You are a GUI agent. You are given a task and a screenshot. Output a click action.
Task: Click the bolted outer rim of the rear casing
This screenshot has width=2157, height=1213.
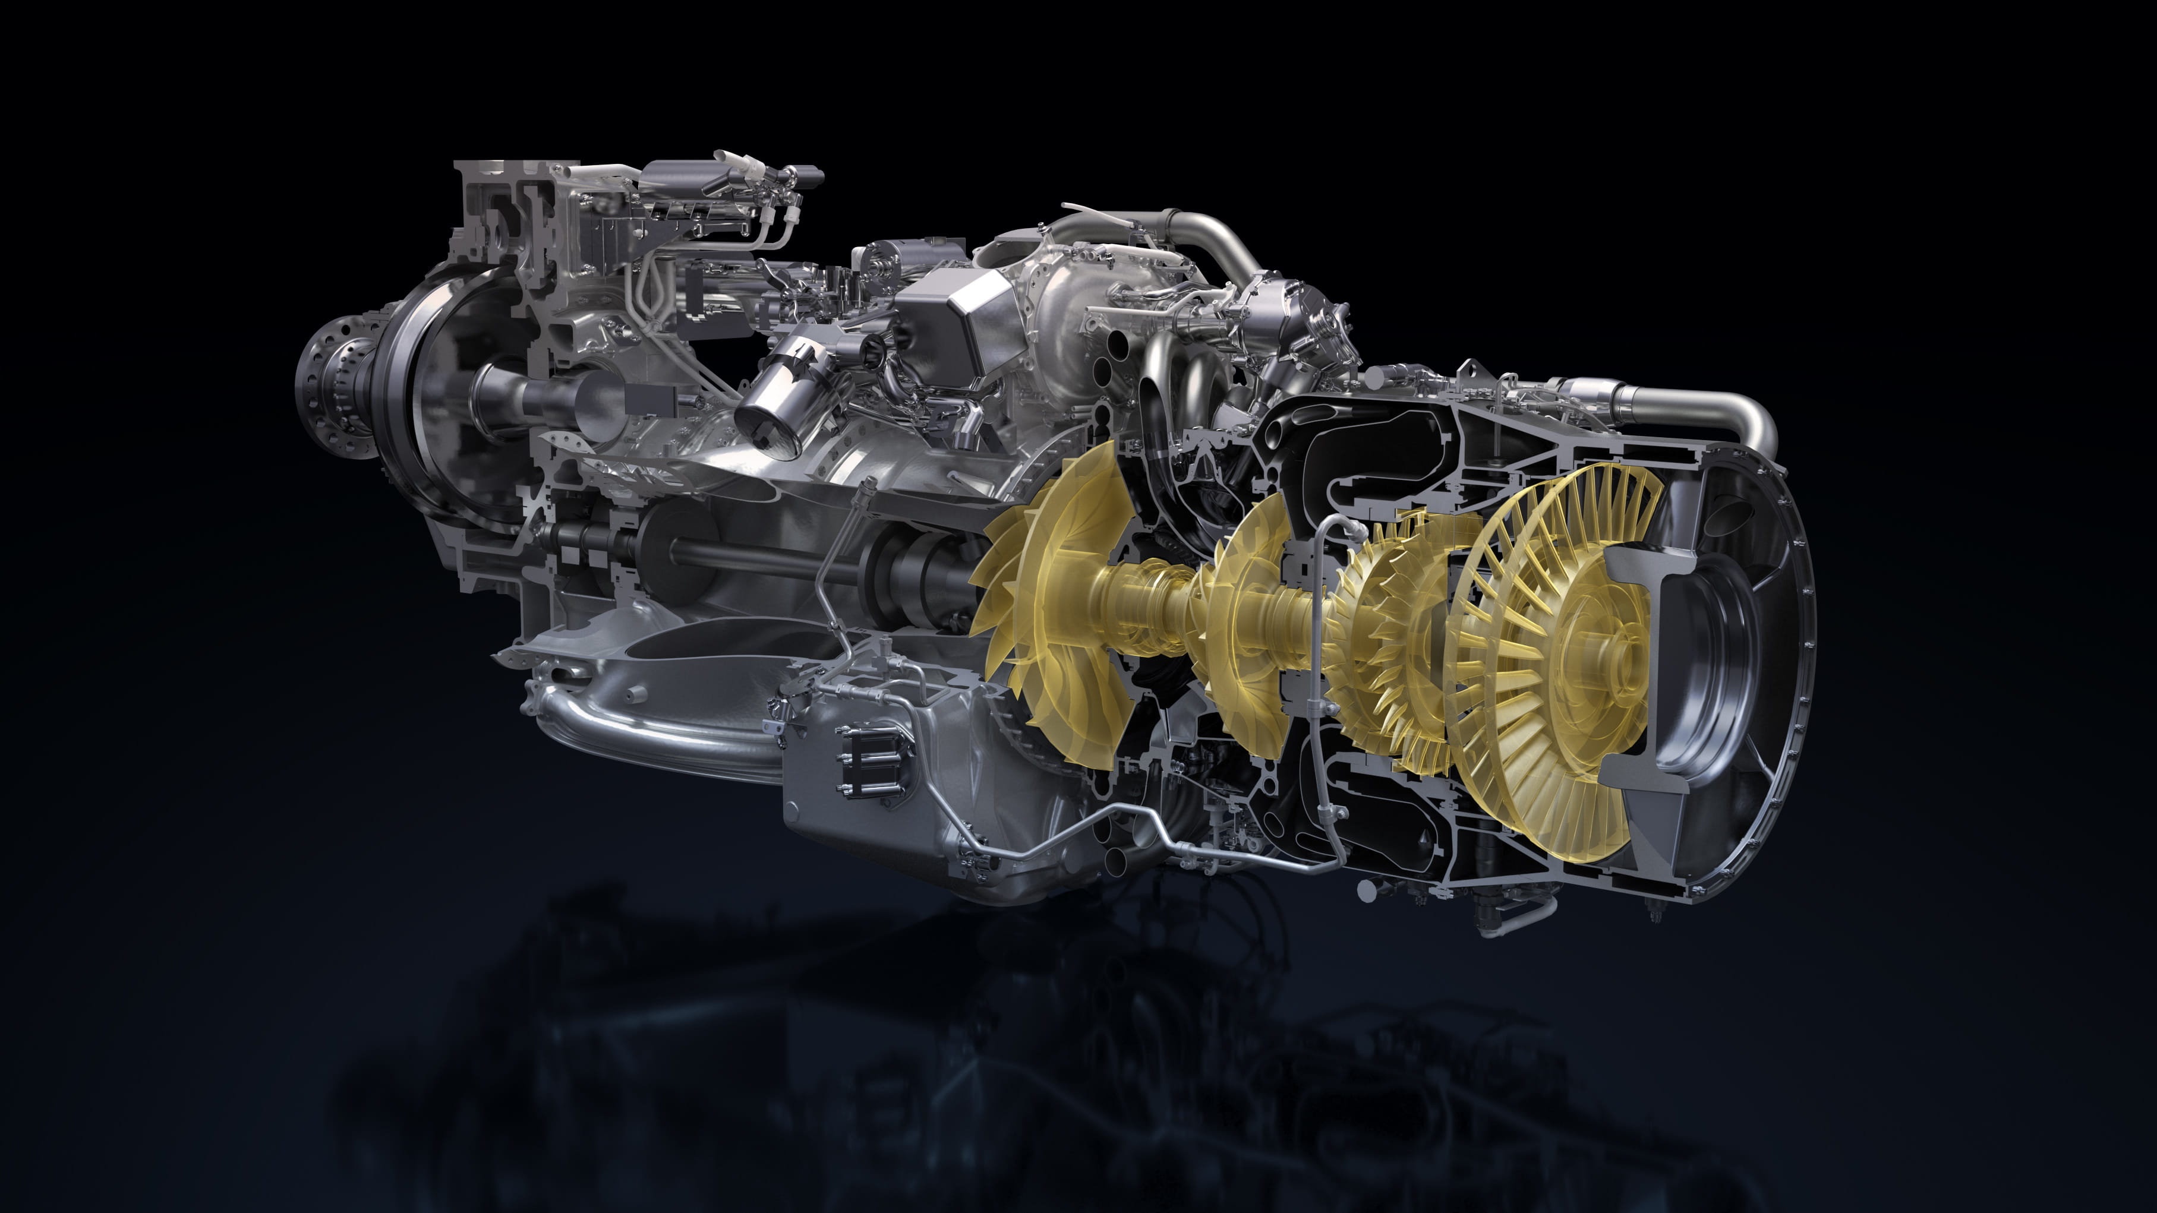[x=1800, y=669]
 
